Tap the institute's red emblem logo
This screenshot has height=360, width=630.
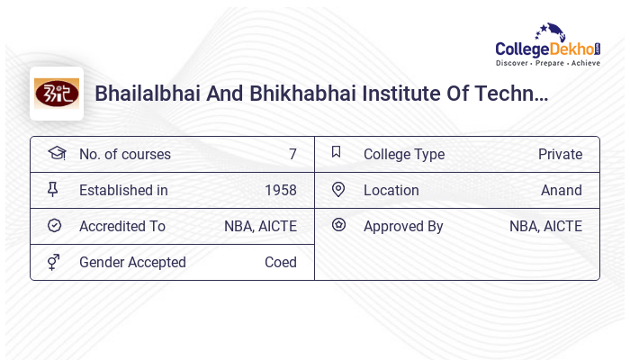point(57,94)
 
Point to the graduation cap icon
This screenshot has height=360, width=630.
point(56,153)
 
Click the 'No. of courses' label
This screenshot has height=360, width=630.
point(124,154)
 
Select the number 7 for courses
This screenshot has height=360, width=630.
point(292,154)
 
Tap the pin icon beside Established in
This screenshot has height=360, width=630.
point(53,189)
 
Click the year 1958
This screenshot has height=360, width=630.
point(280,190)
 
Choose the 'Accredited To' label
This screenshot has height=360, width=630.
point(122,226)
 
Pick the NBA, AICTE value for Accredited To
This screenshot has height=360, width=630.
point(260,226)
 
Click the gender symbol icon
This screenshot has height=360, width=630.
point(54,262)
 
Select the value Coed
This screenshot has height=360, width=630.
point(280,262)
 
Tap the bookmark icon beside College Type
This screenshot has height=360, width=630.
point(337,152)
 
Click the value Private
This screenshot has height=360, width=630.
point(560,154)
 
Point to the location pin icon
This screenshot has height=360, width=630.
point(338,189)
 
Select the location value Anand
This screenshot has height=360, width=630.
point(561,190)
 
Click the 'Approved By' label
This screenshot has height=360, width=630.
point(403,226)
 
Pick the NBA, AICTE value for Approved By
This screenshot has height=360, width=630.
point(545,226)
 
